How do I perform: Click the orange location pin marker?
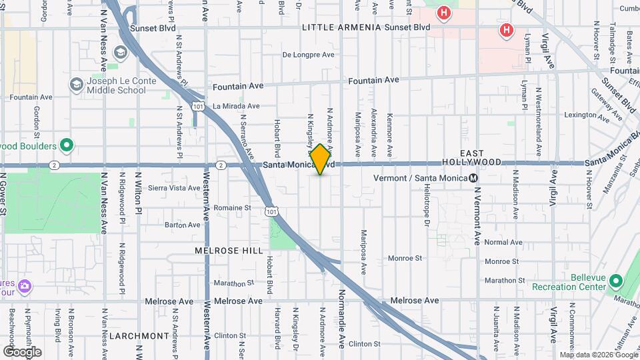pyautogui.click(x=321, y=159)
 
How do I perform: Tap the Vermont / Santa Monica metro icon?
pyautogui.click(x=473, y=178)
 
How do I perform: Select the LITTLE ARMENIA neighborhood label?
pyautogui.click(x=341, y=28)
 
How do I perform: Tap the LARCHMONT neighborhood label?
pyautogui.click(x=138, y=335)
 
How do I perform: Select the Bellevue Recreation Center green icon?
pyautogui.click(x=615, y=282)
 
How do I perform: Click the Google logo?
pyautogui.click(x=22, y=351)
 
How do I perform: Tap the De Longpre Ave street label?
pyautogui.click(x=308, y=55)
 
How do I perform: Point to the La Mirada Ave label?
pyautogui.click(x=236, y=106)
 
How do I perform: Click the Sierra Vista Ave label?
pyautogui.click(x=174, y=189)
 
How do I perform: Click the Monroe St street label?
pyautogui.click(x=405, y=257)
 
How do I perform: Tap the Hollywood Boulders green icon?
pyautogui.click(x=66, y=145)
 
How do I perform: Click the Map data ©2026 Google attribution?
pyautogui.click(x=598, y=355)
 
